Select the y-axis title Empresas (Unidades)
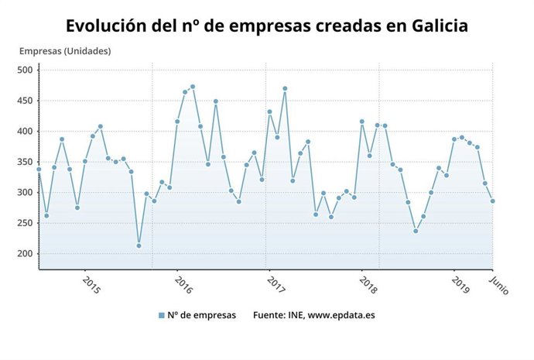(x=65, y=51)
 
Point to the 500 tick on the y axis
(x=25, y=70)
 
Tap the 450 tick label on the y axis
(x=25, y=101)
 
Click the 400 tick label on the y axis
(x=25, y=132)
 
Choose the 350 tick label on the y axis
(x=25, y=162)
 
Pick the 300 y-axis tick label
(x=25, y=193)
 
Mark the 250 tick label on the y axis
(x=25, y=223)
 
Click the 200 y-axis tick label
(x=25, y=254)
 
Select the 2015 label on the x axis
(x=91, y=285)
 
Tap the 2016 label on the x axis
(x=183, y=285)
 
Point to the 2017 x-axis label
(x=275, y=285)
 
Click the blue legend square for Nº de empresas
(x=162, y=315)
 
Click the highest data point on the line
(x=193, y=87)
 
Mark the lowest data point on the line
(x=139, y=245)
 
